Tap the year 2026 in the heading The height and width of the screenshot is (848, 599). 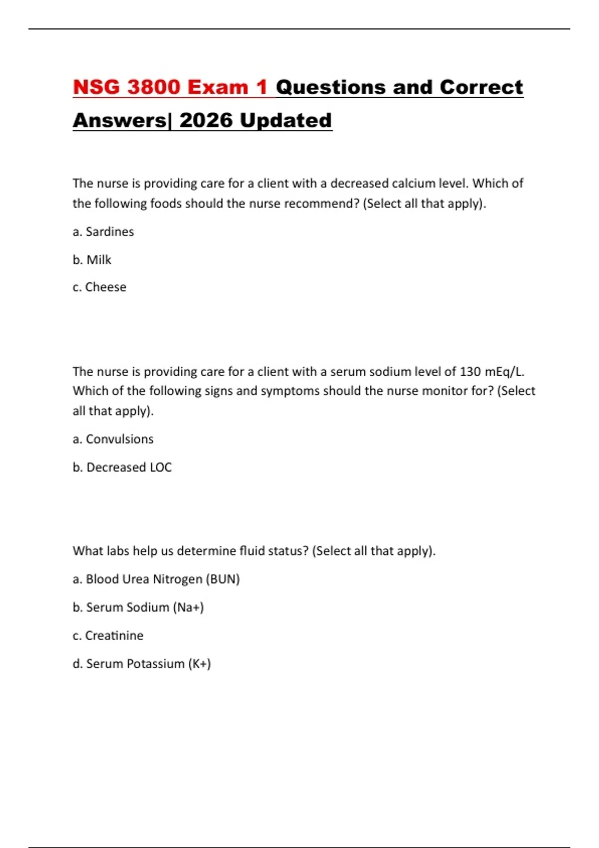coord(206,121)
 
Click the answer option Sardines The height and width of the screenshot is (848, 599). coord(109,232)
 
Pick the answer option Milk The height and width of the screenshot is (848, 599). coord(98,260)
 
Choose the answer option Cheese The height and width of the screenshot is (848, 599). coord(105,287)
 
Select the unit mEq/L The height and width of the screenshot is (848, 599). coord(504,372)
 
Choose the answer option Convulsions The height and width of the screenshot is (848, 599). coord(119,439)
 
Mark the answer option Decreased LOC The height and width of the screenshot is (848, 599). coord(129,467)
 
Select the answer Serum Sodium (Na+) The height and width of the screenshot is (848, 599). coord(145,608)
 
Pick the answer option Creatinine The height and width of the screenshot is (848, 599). coord(114,636)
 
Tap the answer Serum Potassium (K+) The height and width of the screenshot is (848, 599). coord(148,664)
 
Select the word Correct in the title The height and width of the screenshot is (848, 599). coord(481,87)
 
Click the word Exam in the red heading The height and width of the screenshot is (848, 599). coord(218,87)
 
